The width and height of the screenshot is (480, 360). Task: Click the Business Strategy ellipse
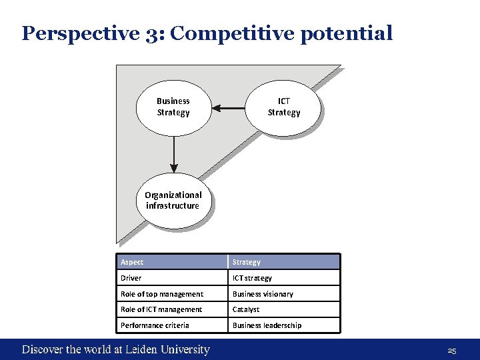(173, 107)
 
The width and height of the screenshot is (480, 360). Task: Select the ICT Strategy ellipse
(284, 107)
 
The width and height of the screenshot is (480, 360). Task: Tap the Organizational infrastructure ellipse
(173, 200)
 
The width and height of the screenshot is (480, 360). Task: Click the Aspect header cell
(171, 262)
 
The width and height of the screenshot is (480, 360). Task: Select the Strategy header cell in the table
(283, 262)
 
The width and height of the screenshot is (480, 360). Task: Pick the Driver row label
(171, 278)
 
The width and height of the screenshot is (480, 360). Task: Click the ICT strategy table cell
(283, 278)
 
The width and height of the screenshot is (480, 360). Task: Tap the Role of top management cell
(171, 294)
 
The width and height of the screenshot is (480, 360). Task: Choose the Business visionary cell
(283, 294)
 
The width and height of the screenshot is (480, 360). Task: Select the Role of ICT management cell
(171, 309)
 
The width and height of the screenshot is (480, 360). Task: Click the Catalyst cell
(283, 309)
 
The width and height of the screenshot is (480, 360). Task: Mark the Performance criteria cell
(171, 325)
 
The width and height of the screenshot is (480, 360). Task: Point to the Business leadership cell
(283, 325)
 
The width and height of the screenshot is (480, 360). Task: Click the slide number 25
(452, 351)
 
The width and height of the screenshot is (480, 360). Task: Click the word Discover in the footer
(43, 349)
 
